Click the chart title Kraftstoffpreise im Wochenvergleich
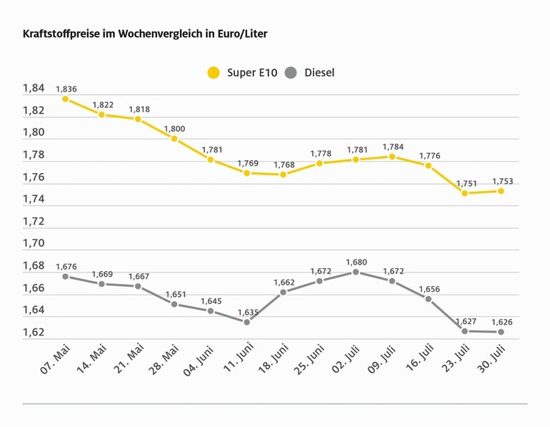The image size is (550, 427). click(x=145, y=34)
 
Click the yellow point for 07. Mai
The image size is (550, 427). click(x=66, y=99)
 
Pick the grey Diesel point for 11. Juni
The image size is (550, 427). click(x=247, y=322)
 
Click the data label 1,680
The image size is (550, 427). click(x=356, y=262)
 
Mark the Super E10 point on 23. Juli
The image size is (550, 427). click(x=465, y=193)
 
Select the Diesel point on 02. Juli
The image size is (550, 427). click(x=356, y=272)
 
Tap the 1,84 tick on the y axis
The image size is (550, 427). click(x=34, y=89)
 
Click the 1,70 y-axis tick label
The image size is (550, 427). click(x=34, y=244)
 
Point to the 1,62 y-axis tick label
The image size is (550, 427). click(x=34, y=333)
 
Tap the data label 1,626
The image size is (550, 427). click(x=501, y=322)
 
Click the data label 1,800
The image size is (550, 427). click(x=174, y=129)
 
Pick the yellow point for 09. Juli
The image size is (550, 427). click(x=392, y=157)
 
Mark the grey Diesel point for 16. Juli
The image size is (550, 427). click(x=429, y=298)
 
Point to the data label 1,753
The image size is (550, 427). click(x=501, y=181)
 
